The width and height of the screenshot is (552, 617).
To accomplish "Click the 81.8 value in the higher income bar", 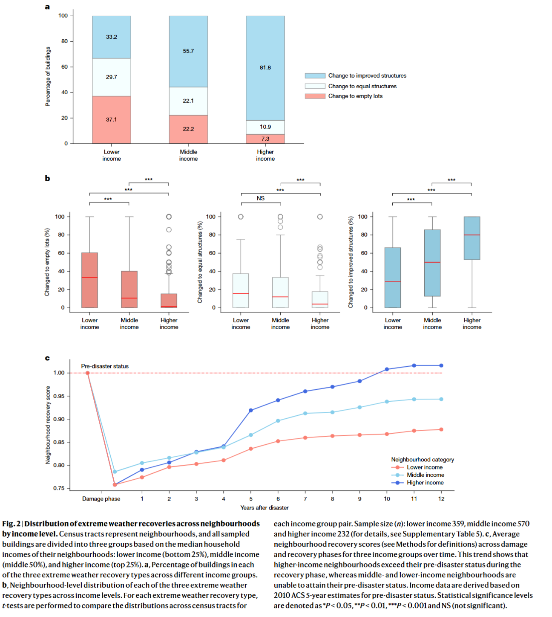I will tap(265, 67).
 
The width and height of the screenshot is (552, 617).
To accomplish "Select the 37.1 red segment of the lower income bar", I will tap(112, 120).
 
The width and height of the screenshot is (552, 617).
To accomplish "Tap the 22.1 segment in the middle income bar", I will tap(188, 101).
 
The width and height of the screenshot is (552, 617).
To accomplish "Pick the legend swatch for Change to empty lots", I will tap(315, 96).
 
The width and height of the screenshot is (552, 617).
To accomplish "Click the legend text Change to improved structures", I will tap(367, 75).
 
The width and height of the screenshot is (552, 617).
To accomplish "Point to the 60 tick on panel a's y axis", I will tap(64, 67).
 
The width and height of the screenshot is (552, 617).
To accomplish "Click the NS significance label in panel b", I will tap(261, 198).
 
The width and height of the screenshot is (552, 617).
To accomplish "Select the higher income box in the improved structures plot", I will tap(472, 238).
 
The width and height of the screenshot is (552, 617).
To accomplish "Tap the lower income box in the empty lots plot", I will tap(89, 280).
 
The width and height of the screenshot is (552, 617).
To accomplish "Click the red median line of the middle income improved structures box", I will tap(432, 262).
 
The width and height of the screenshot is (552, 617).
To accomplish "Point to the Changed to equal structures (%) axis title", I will tap(200, 262).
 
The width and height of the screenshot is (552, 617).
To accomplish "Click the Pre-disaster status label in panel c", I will tap(105, 366).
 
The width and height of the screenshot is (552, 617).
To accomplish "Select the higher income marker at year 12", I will tap(441, 365).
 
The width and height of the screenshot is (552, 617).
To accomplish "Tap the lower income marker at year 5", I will tap(251, 449).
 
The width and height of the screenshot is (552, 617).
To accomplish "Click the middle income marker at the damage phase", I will tap(115, 472).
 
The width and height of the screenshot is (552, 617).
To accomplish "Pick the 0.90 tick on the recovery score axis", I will tap(59, 419).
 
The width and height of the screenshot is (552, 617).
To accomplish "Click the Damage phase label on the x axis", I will tap(101, 499).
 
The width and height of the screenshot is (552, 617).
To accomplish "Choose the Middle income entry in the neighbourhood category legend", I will tap(425, 475).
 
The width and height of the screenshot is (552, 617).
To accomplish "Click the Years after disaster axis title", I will tap(264, 508).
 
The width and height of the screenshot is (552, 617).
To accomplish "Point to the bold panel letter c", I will tap(47, 358).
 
